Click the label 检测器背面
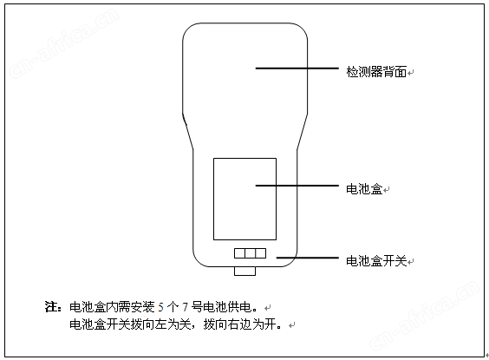[376, 72]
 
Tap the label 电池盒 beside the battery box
[364, 189]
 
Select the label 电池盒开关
[376, 261]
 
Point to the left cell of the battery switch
[239, 253]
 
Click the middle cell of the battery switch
[250, 253]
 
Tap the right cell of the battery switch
[261, 253]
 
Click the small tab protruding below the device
[244, 272]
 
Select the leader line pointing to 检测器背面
[297, 68]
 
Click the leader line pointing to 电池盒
[297, 186]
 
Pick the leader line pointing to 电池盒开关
[308, 258]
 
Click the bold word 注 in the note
[51, 307]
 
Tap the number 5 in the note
[160, 308]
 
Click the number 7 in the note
[185, 308]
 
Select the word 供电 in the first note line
[239, 307]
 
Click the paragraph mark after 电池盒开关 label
[411, 261]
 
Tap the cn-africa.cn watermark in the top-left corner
[65, 43]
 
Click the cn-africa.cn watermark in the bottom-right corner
[425, 314]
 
